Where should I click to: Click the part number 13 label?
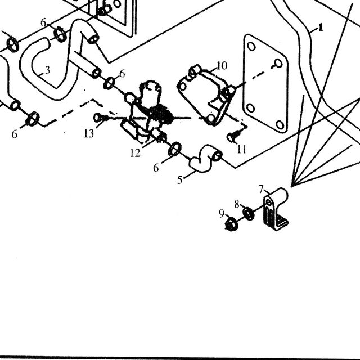coord(89,133)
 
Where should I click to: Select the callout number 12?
coord(135,152)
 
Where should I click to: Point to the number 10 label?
coord(222,65)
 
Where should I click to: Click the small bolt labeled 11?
coord(233,136)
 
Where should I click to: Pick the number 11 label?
coord(241,149)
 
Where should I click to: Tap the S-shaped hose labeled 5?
coord(205,159)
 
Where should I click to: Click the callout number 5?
coord(180,180)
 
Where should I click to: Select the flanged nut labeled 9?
coord(231,224)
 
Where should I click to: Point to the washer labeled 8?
coord(248,213)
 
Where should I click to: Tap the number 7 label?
coord(261,190)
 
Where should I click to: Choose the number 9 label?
coord(222,214)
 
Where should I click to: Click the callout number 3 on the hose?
coord(47,70)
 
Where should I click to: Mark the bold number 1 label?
coord(321,28)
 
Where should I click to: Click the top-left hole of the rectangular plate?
coord(251,47)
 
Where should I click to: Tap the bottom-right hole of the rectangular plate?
coord(280,125)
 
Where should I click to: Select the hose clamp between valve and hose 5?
coord(175,148)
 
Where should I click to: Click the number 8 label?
coord(237,204)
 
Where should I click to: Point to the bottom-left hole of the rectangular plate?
coord(251,108)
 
